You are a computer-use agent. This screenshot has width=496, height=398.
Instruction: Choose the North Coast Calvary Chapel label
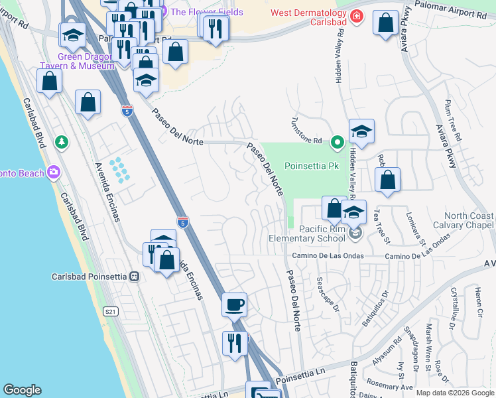pos(468,221)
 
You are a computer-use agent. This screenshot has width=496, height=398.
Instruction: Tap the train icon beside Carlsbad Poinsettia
pos(134,276)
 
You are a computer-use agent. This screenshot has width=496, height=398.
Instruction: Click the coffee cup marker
pos(234,306)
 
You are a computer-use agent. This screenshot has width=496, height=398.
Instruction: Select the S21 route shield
pos(110,310)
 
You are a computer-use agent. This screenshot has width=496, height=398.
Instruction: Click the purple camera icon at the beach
pos(53,173)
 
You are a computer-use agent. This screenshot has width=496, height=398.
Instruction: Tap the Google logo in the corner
pos(22,389)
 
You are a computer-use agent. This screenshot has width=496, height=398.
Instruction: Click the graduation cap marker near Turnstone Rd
pos(361,133)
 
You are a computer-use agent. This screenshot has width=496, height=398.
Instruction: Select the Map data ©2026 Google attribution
pos(455,393)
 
